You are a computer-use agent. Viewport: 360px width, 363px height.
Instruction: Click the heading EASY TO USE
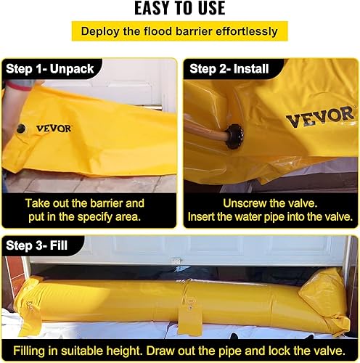coord(180,9)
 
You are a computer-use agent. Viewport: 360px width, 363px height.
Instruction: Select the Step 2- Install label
coord(229,69)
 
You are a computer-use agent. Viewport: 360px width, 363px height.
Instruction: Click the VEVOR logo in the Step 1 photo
coord(54,129)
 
